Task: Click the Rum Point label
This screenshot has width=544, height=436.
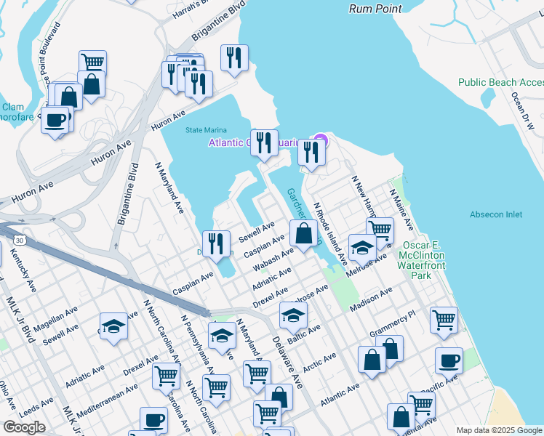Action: [376, 9]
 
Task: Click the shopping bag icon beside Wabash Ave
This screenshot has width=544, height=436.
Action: [304, 234]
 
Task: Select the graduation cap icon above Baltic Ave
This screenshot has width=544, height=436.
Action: [293, 315]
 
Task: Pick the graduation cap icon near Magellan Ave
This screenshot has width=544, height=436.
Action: [113, 326]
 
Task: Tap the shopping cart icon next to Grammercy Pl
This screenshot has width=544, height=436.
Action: [444, 319]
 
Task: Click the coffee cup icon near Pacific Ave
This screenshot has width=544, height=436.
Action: [449, 360]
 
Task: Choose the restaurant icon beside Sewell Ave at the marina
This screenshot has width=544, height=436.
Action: [216, 243]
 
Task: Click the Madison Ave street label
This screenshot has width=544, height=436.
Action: [371, 300]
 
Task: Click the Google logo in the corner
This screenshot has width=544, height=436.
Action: [24, 427]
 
